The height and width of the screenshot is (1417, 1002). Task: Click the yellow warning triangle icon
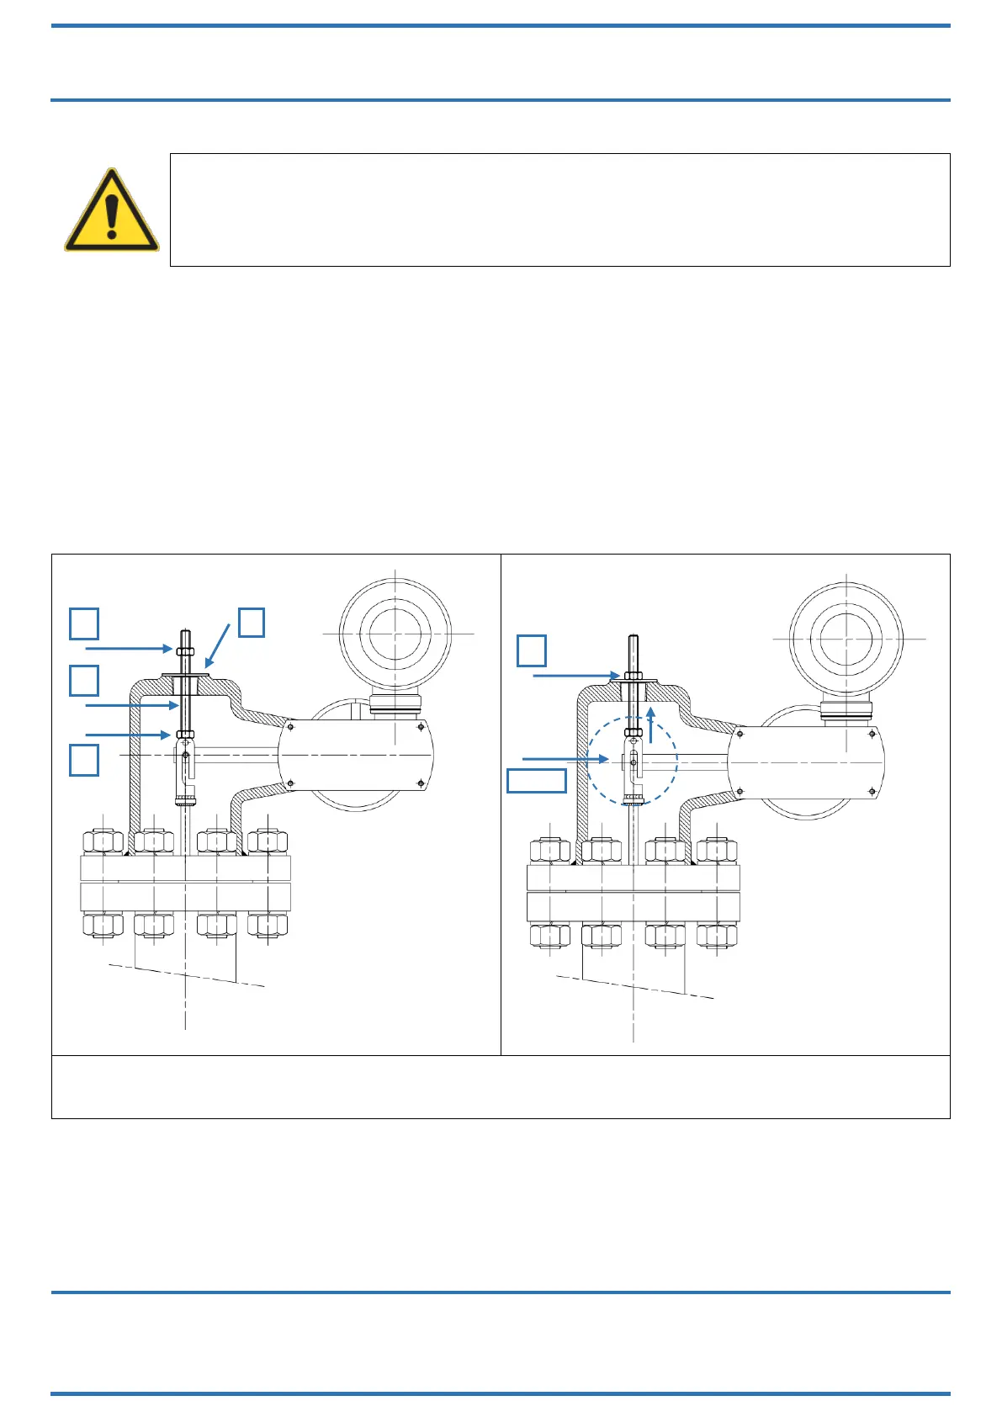point(111,210)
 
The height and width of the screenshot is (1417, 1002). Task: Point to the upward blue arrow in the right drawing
point(650,724)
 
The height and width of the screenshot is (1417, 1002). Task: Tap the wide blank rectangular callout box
point(537,781)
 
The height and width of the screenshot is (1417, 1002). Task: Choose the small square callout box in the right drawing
point(532,650)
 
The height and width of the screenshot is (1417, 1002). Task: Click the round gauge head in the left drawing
point(395,633)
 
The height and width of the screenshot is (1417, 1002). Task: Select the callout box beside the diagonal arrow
point(252,623)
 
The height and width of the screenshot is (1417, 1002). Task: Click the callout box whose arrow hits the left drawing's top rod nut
point(84,624)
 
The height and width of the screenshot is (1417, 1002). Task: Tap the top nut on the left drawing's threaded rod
point(186,650)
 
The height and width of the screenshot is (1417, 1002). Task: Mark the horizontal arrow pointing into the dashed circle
point(565,760)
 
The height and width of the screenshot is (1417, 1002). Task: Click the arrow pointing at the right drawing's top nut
point(576,676)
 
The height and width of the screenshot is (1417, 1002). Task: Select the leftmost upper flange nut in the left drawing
point(103,841)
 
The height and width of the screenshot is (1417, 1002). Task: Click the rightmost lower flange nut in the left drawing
point(268,925)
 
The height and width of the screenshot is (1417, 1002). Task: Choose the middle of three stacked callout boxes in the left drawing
point(84,681)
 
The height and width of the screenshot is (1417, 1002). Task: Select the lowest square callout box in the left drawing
point(84,759)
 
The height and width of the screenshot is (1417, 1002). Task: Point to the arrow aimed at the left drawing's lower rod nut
point(128,735)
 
